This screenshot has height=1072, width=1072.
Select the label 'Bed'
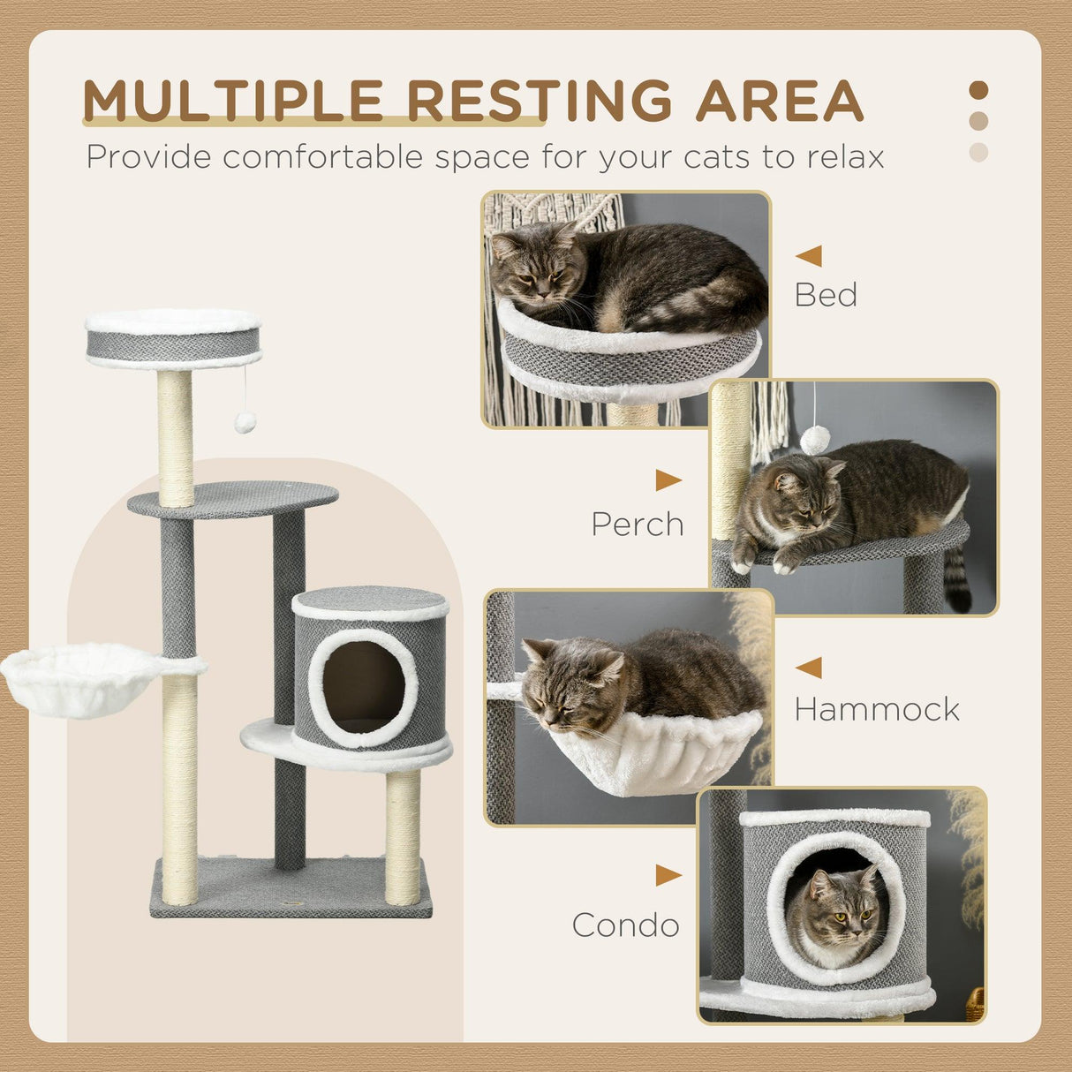(x=826, y=295)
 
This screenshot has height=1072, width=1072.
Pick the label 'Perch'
(x=638, y=525)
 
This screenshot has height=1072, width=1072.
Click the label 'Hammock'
(x=876, y=709)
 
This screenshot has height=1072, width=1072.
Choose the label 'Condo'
(x=625, y=925)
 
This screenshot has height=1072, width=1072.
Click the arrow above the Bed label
(x=809, y=256)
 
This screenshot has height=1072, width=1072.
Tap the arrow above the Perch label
(x=668, y=480)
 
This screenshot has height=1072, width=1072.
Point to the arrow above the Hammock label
(x=809, y=668)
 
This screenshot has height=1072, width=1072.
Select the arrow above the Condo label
(x=668, y=876)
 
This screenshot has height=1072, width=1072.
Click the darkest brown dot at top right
(x=978, y=90)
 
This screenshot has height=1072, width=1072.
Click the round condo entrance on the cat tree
(x=363, y=687)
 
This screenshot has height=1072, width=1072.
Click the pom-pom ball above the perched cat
(x=815, y=438)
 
